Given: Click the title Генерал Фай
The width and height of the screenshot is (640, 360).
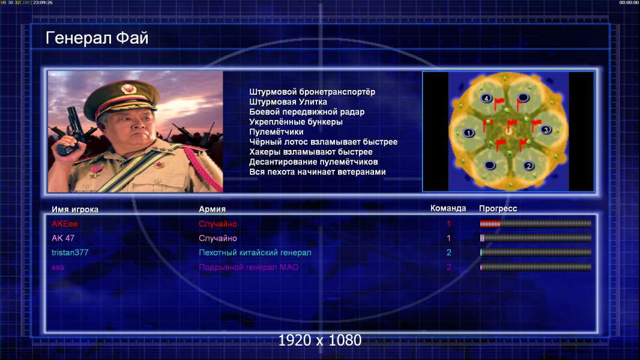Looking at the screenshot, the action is click(x=97, y=38).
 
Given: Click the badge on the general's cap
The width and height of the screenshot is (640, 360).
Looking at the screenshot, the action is click(x=128, y=88).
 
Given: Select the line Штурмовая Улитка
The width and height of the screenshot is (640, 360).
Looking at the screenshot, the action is click(x=288, y=102).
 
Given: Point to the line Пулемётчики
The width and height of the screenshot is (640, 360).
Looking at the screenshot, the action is click(x=276, y=131).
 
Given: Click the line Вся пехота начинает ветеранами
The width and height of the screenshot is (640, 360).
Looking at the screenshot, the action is click(x=317, y=172).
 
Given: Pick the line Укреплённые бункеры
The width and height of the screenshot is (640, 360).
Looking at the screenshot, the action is click(x=295, y=122).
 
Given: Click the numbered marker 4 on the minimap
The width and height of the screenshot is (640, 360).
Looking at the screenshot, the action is click(x=486, y=98).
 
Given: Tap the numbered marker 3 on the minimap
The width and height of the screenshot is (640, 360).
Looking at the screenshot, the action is click(x=546, y=130).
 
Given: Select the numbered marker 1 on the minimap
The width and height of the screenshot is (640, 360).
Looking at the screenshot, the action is click(x=468, y=133).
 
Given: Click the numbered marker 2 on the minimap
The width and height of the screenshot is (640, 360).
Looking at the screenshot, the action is click(x=528, y=166).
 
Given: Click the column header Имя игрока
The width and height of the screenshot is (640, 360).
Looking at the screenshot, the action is click(x=74, y=209).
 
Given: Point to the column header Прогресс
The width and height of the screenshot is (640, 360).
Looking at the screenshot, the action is click(x=498, y=208).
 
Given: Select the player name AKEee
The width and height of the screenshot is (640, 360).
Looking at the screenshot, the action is click(x=64, y=224).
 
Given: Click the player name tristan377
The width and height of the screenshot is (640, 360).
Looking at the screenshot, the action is click(x=70, y=253).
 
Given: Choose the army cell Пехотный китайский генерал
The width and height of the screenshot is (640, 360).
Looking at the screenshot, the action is click(x=255, y=253).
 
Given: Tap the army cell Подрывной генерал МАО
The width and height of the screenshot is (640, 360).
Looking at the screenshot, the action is click(x=248, y=268).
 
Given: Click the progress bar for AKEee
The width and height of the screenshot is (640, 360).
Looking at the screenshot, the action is click(x=536, y=223).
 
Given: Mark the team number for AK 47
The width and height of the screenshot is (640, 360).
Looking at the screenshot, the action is click(x=448, y=238).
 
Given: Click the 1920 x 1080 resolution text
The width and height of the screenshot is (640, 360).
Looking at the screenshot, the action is click(x=319, y=340).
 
